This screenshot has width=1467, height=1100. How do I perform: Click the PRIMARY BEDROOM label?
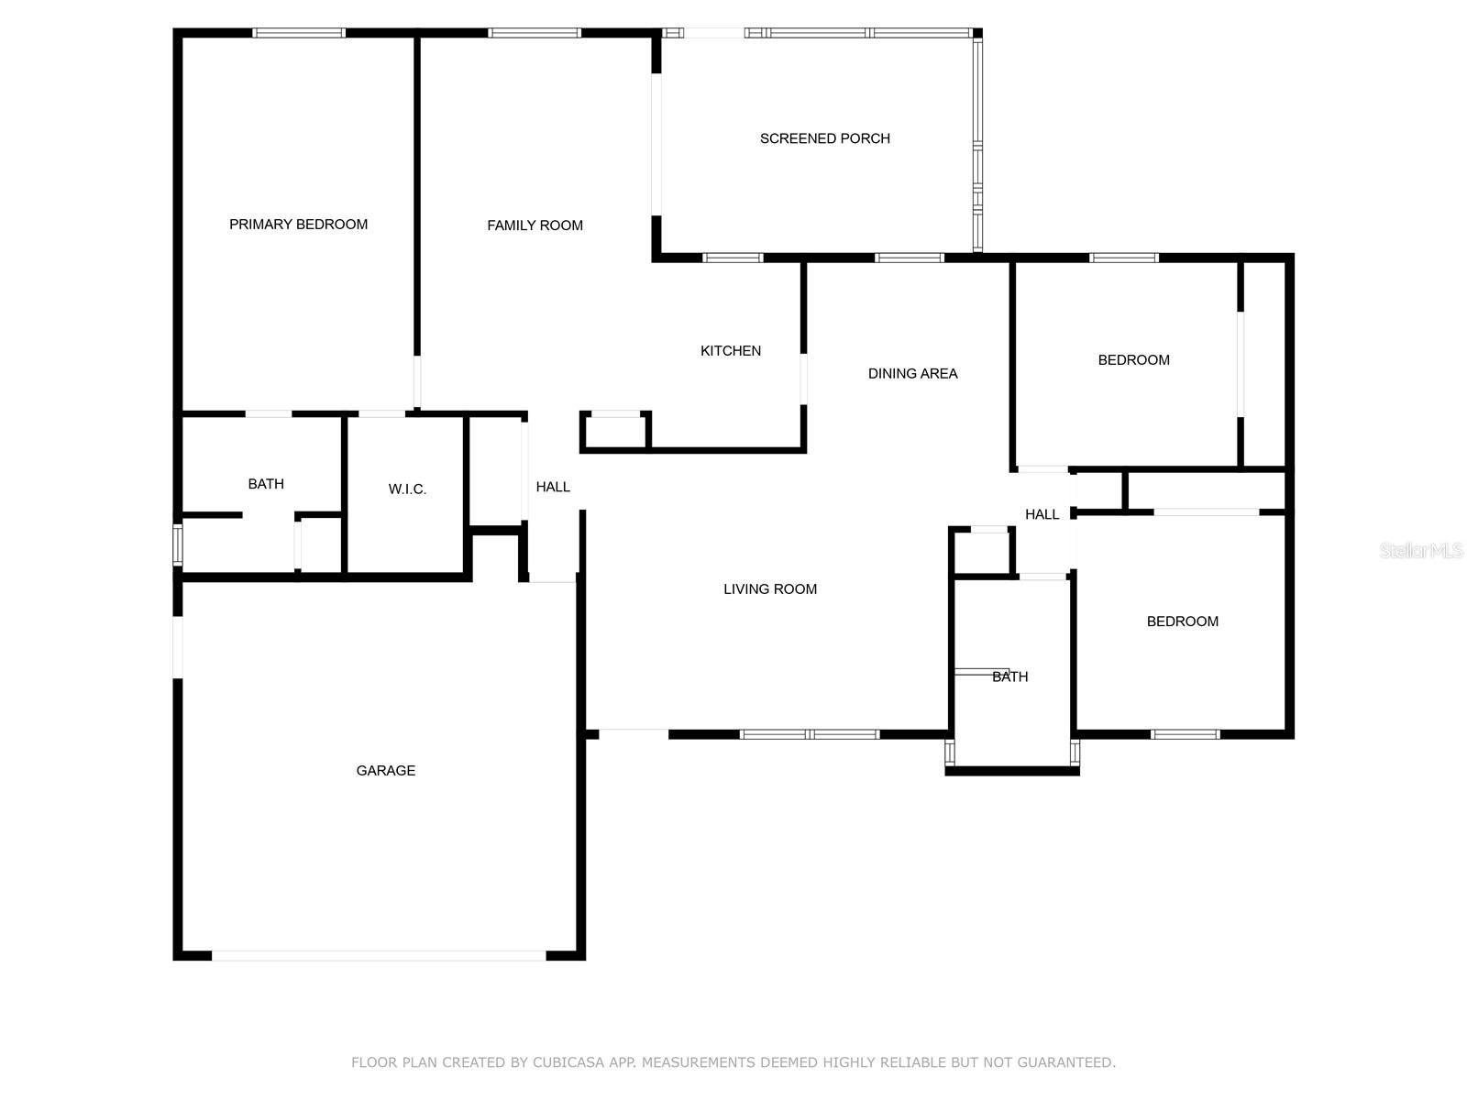pyautogui.click(x=298, y=225)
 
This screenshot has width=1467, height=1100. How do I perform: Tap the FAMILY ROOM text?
pyautogui.click(x=535, y=225)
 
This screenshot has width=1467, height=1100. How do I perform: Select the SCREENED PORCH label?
pyautogui.click(x=824, y=138)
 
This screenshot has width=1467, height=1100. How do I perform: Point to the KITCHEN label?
pyautogui.click(x=731, y=351)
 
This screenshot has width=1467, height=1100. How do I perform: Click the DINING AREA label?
pyautogui.click(x=912, y=373)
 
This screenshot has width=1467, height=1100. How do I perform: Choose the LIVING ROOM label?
pyautogui.click(x=770, y=589)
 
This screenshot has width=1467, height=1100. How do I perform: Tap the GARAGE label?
pyautogui.click(x=386, y=771)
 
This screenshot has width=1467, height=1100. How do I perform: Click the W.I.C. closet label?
pyautogui.click(x=407, y=489)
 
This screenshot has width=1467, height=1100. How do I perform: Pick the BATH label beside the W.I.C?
pyautogui.click(x=266, y=484)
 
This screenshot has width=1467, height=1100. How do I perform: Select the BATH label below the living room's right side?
pyautogui.click(x=1009, y=676)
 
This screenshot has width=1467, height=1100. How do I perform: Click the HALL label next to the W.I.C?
pyautogui.click(x=553, y=487)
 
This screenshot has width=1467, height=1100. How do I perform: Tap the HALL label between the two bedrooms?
pyautogui.click(x=1042, y=514)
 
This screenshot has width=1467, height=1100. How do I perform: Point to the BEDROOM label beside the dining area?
pyautogui.click(x=1133, y=360)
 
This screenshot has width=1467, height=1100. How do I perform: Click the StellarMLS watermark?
pyautogui.click(x=1421, y=550)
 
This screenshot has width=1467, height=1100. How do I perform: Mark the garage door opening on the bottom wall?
pyautogui.click(x=379, y=956)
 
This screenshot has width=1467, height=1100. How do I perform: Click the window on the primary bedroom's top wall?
pyautogui.click(x=299, y=33)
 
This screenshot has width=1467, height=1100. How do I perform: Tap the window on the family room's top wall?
pyautogui.click(x=534, y=33)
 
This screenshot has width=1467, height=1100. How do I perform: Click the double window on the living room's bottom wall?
pyautogui.click(x=810, y=734)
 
